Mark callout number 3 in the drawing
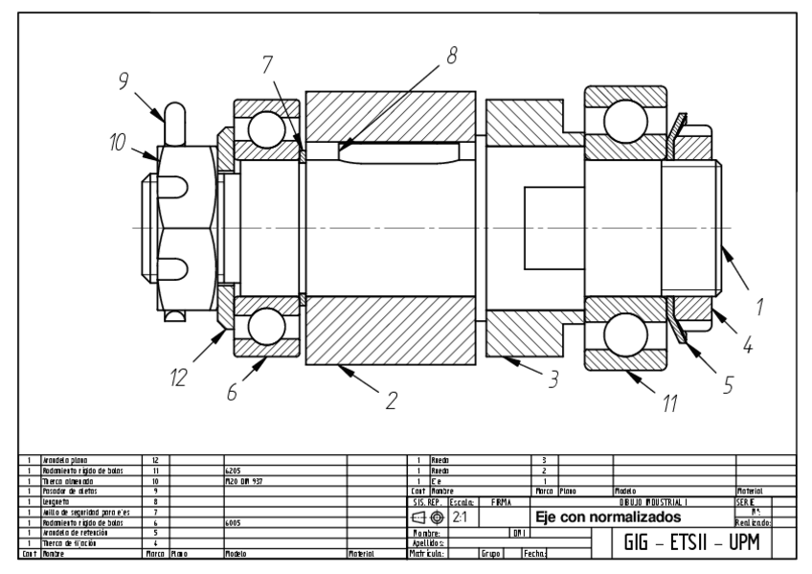[551, 379]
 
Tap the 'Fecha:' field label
[534, 553]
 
